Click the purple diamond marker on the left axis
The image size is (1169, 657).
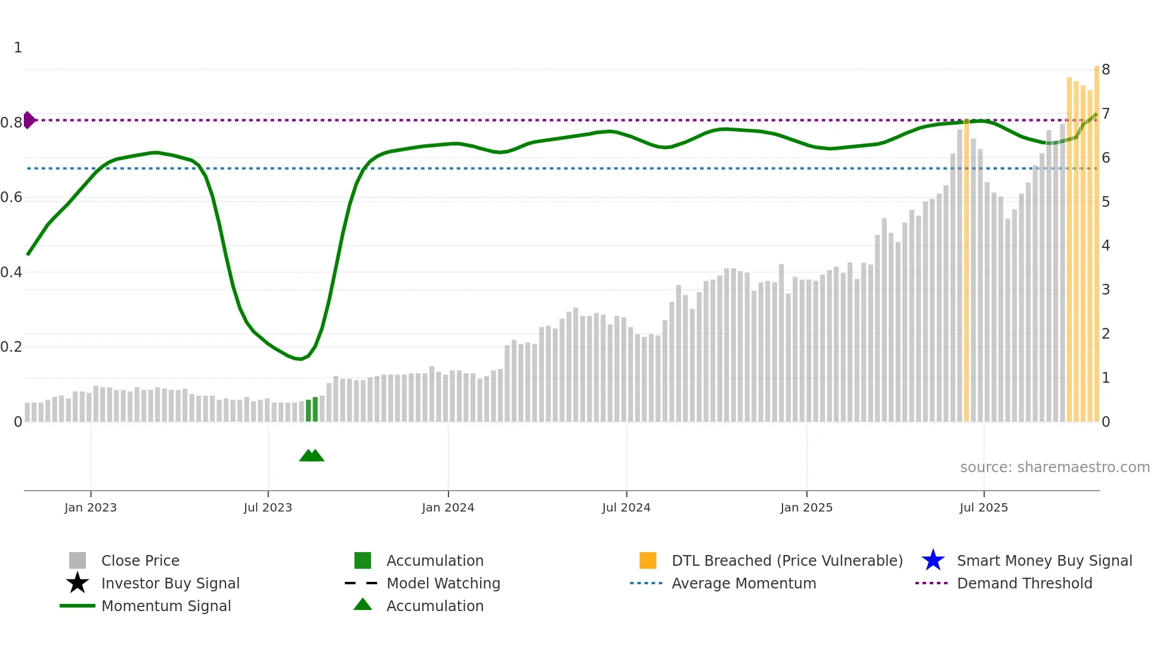click(29, 120)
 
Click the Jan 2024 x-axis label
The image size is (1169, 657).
click(448, 507)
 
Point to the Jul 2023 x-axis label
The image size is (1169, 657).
click(268, 507)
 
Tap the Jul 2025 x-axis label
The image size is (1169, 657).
click(984, 507)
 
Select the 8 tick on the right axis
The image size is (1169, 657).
click(1106, 70)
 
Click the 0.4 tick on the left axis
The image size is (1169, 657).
click(11, 272)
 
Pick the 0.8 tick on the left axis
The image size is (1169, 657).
click(11, 123)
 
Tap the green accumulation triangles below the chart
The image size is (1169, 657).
click(311, 455)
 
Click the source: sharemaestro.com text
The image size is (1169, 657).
click(1054, 467)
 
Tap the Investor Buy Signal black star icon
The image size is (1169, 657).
click(78, 583)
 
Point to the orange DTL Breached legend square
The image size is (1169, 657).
click(648, 560)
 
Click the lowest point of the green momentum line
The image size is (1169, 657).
click(300, 359)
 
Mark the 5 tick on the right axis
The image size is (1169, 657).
click(1106, 202)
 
